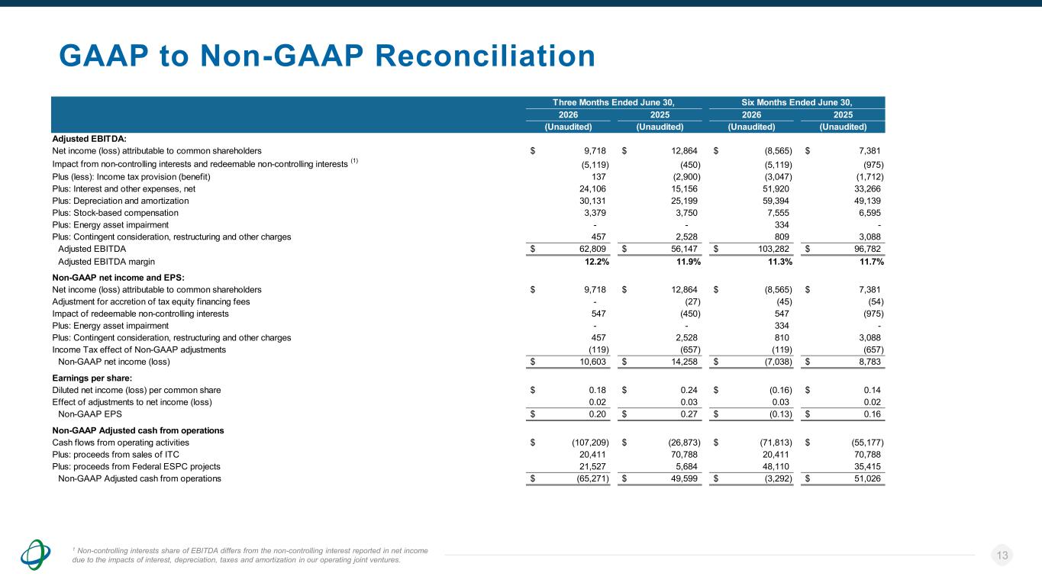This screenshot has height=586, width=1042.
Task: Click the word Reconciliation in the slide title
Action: [x=486, y=56]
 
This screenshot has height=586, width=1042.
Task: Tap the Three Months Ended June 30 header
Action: [x=614, y=102]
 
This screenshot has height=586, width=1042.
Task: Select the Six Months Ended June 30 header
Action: [x=797, y=102]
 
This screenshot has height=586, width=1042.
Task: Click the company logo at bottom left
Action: [x=35, y=555]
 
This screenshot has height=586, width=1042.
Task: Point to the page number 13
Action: [x=1002, y=555]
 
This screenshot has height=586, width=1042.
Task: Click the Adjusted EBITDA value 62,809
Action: [x=592, y=249]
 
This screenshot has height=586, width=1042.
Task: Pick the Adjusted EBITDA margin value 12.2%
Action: [x=597, y=262]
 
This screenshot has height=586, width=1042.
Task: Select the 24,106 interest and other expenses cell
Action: [x=592, y=188]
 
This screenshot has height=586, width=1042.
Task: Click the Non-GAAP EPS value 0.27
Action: [x=689, y=414]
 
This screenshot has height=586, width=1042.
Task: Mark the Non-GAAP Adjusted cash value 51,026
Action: [x=867, y=478]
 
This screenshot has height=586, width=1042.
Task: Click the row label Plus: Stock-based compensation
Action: [x=115, y=213]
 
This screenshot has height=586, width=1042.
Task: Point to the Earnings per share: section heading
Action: [x=92, y=378]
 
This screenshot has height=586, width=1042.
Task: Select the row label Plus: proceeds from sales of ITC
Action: [x=116, y=455]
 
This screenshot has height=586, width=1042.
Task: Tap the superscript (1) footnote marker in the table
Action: [x=354, y=161]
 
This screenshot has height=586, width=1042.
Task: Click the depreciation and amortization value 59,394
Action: [x=776, y=201]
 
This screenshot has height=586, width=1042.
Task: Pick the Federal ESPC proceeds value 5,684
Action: [x=686, y=466]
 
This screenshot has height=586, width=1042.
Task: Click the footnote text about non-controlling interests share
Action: [x=250, y=555]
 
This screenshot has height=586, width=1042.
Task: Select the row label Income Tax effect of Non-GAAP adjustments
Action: [x=139, y=349]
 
